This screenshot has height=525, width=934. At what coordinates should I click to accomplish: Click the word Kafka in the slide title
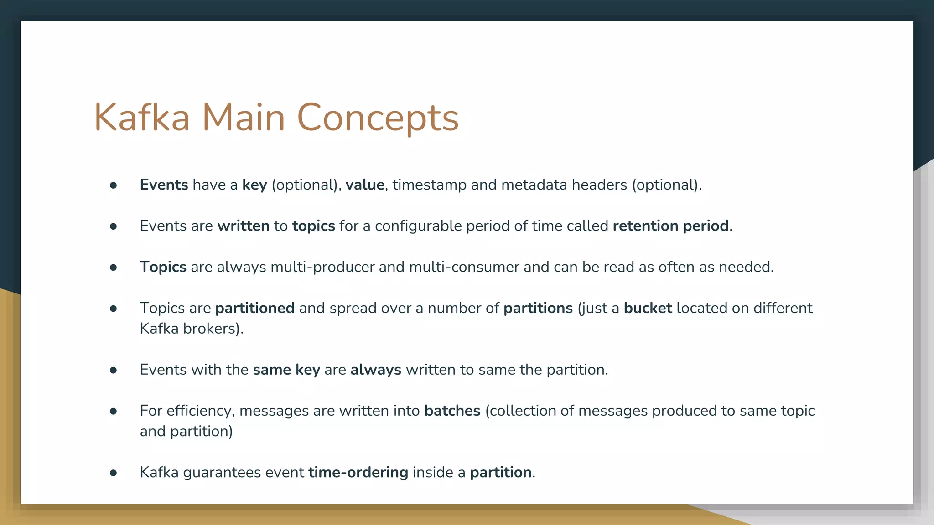tap(141, 118)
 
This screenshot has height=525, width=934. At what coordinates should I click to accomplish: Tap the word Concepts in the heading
tap(378, 118)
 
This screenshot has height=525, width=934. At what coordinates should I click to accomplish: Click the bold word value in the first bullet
tap(365, 185)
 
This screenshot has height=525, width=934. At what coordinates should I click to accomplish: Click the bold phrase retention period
tap(670, 226)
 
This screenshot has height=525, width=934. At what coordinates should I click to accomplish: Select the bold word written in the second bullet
tap(243, 226)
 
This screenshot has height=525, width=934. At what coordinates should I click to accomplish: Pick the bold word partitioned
tap(254, 308)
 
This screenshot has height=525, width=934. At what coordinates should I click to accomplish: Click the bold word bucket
tap(648, 308)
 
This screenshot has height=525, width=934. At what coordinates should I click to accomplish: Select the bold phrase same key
tap(286, 370)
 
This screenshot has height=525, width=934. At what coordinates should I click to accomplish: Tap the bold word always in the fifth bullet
tap(376, 370)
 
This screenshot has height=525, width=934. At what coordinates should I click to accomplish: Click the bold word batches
tap(452, 411)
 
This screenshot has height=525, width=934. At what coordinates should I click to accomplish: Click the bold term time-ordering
tap(358, 472)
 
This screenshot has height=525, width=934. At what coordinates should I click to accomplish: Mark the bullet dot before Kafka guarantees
tap(114, 473)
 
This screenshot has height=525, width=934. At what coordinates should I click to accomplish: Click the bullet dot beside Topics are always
tap(114, 268)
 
